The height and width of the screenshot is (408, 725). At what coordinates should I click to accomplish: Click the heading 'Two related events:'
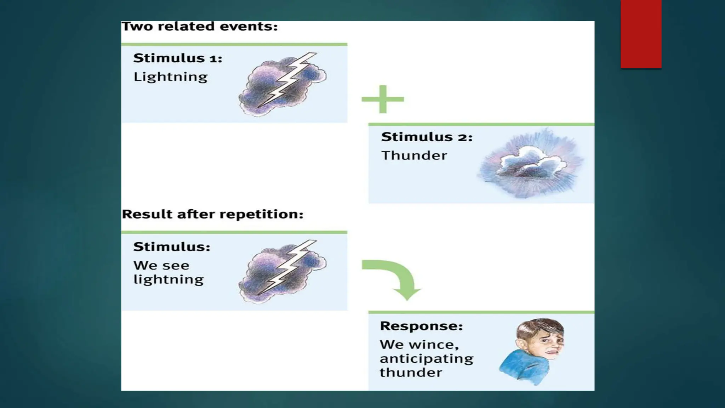click(200, 27)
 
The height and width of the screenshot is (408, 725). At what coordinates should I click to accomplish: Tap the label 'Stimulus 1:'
click(178, 58)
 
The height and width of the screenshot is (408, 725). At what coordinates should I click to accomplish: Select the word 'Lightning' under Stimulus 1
click(170, 77)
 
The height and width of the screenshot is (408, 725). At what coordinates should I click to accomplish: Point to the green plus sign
click(383, 99)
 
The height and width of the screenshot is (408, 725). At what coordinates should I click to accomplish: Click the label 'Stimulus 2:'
click(427, 137)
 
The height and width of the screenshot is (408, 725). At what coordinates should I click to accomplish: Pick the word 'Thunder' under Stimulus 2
click(414, 155)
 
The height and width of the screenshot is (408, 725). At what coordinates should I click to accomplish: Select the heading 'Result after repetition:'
click(212, 214)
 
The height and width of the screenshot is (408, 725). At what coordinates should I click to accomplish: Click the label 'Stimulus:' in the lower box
click(172, 247)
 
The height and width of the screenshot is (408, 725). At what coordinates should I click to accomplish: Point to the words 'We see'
click(161, 266)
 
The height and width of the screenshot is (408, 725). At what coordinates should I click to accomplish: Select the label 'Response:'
click(421, 326)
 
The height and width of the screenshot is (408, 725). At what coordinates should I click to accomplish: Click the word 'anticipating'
click(426, 359)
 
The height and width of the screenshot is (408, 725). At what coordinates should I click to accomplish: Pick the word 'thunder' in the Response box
click(411, 373)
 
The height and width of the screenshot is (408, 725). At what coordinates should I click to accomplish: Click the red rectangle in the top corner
click(641, 34)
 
